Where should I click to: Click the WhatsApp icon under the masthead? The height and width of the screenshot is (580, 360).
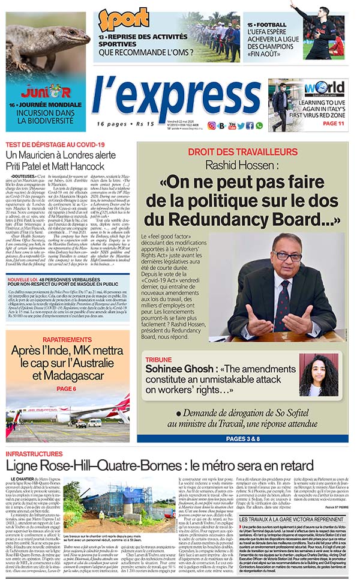point(259,125)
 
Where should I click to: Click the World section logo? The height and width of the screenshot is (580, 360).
point(324,88)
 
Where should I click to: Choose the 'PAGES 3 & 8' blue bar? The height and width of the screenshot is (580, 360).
point(242,438)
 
